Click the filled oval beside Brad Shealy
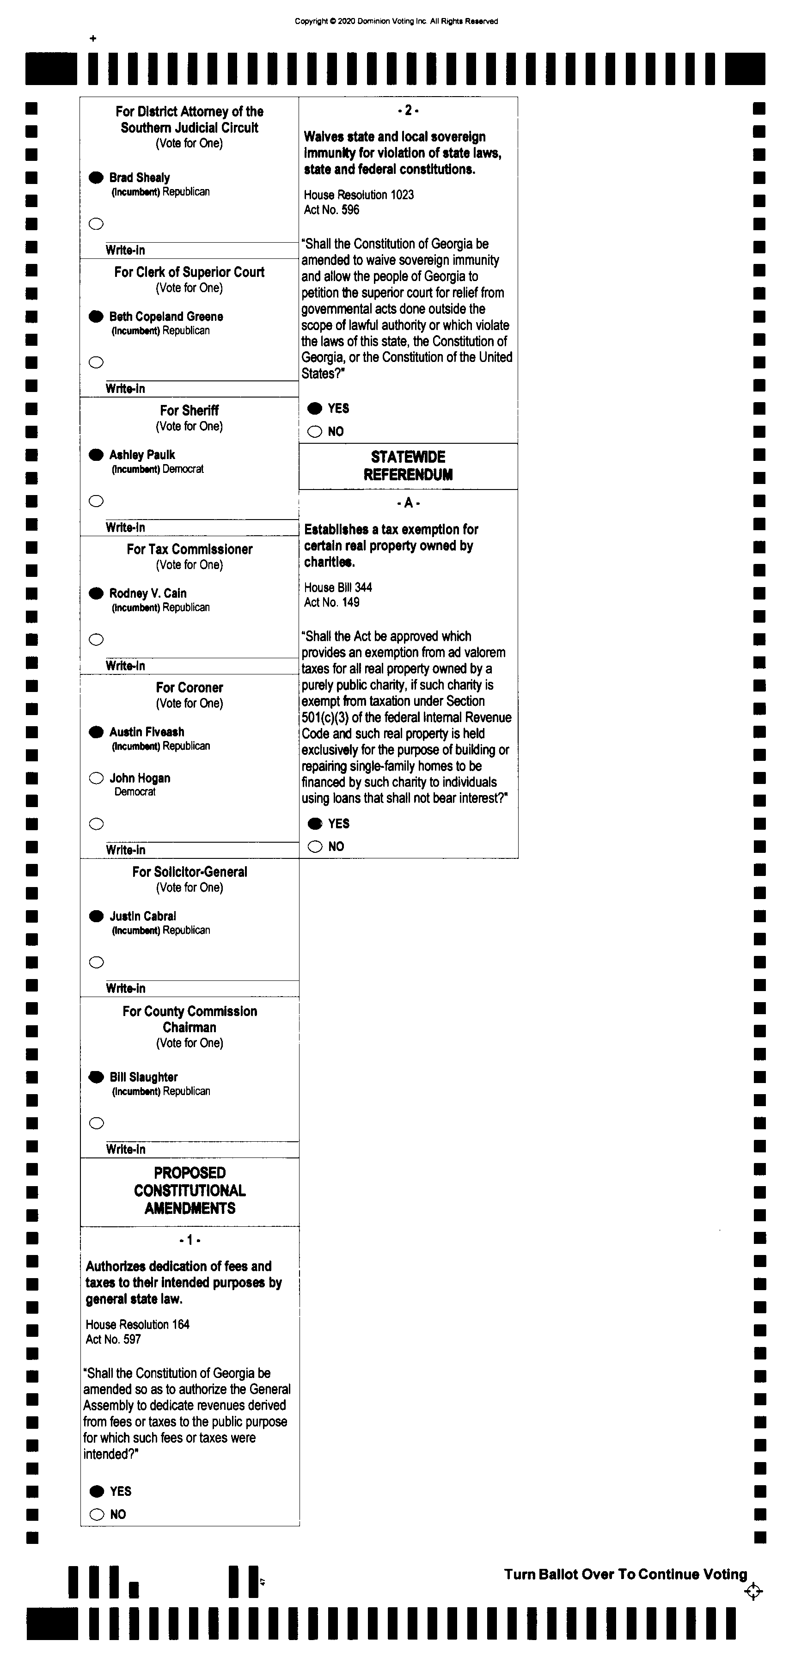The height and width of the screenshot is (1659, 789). [x=96, y=177]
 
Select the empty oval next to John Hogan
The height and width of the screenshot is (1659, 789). [x=96, y=778]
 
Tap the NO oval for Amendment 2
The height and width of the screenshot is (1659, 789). [x=314, y=431]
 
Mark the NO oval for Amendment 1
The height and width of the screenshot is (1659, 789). [x=97, y=1514]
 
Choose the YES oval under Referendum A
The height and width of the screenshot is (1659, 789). [x=315, y=824]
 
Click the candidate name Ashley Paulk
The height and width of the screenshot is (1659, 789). [x=142, y=455]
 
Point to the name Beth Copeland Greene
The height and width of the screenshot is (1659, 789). [x=166, y=316]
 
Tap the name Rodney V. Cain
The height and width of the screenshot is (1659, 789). [x=147, y=593]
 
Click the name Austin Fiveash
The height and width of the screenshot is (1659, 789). [x=147, y=732]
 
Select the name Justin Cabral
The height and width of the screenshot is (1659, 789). [x=142, y=916]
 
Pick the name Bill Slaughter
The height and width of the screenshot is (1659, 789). [x=144, y=1077]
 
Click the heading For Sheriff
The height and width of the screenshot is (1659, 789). [x=190, y=410]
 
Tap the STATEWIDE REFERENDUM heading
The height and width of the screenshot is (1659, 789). [x=408, y=465]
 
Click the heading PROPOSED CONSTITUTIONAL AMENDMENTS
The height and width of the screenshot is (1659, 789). [x=190, y=1190]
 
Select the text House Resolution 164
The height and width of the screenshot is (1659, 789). [x=137, y=1324]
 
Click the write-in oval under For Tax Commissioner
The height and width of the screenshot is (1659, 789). [x=96, y=639]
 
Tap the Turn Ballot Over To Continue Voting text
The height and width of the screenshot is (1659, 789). [x=625, y=1574]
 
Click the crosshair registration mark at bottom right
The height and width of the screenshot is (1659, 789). [x=753, y=1592]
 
